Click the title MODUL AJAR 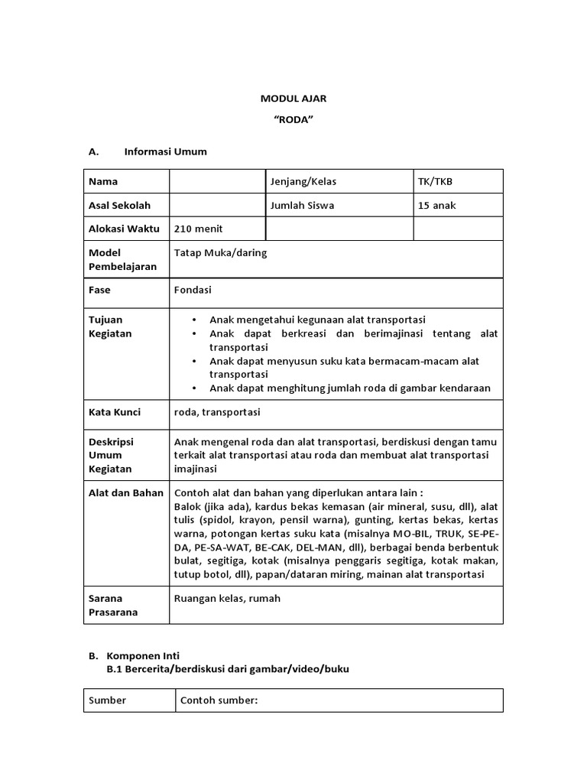tap(293, 99)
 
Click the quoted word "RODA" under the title tap(293, 122)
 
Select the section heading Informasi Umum tap(165, 151)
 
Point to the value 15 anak tap(437, 205)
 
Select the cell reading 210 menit tap(199, 229)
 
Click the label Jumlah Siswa tap(302, 205)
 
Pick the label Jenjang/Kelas tap(303, 182)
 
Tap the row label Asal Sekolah tap(120, 205)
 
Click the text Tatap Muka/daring tap(221, 252)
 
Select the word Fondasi tap(193, 291)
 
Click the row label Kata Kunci tap(115, 412)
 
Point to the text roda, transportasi tap(217, 412)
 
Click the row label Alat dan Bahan tap(125, 492)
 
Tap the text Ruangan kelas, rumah tap(227, 598)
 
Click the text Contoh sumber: tap(219, 700)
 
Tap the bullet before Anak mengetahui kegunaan tap(195, 320)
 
